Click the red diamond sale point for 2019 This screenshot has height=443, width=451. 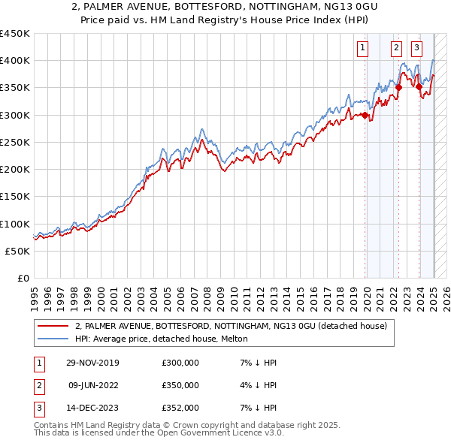click(365, 115)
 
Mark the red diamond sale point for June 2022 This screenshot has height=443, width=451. click(399, 87)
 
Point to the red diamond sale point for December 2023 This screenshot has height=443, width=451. click(419, 86)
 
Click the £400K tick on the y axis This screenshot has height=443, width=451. click(16, 61)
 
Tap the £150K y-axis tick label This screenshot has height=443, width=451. click(16, 197)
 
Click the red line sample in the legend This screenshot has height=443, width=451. click(53, 326)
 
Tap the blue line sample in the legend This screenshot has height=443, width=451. click(53, 339)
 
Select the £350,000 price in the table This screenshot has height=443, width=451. click(180, 385)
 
